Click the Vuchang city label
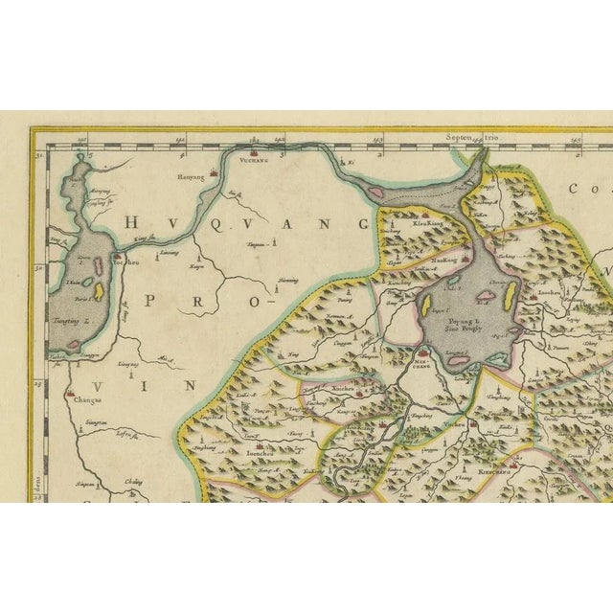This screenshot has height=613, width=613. [x=255, y=163]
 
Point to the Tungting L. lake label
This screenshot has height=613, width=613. [x=73, y=322]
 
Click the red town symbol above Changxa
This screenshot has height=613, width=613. [x=75, y=393]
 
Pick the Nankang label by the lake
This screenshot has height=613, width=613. [x=442, y=260]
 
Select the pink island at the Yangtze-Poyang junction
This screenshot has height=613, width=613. [x=376, y=194]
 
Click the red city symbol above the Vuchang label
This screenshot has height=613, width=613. [x=255, y=150]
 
